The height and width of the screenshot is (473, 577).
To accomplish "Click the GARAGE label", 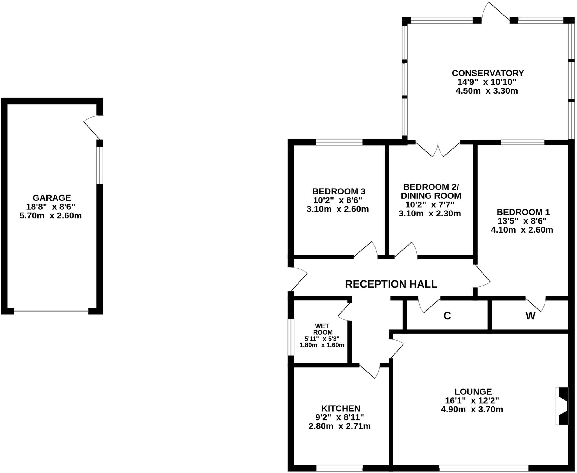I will click(52, 198).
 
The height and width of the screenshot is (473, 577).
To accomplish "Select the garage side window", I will click(99, 165).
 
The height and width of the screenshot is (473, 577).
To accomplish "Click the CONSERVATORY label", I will click(488, 73).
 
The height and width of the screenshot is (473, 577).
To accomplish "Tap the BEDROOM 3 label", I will click(339, 191).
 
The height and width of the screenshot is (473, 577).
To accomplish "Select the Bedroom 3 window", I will click(339, 142).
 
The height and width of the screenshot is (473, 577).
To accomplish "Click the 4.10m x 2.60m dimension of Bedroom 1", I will click(522, 230).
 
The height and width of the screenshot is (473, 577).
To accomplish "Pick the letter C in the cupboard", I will click(447, 316).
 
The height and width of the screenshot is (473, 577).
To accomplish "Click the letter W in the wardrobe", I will click(530, 316).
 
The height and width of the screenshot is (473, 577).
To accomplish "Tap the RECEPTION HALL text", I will click(391, 284).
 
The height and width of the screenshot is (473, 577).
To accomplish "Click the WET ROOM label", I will click(322, 329).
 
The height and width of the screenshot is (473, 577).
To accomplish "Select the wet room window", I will click(291, 337).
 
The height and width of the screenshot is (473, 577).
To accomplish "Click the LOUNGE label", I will click(473, 392).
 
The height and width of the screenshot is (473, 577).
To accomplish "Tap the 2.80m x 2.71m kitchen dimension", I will click(339, 426).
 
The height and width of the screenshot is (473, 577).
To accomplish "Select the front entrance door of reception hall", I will click(298, 279).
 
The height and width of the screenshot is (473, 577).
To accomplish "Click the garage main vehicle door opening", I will click(51, 311).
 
